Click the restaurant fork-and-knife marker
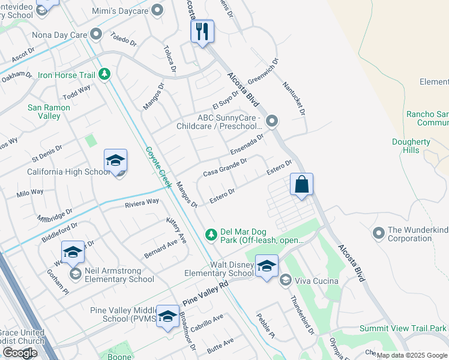click(x=202, y=31)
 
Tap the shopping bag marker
click(x=302, y=184)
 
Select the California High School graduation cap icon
click(x=115, y=160)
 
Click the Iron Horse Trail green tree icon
click(x=105, y=74)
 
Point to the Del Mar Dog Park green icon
click(x=211, y=233)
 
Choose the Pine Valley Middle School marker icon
click(x=167, y=316)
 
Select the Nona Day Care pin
click(x=95, y=34)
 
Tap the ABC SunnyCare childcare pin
click(x=272, y=122)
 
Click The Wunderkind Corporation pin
click(x=378, y=232)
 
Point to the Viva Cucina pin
click(x=286, y=280)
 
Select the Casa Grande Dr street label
click(x=224, y=168)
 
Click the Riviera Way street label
click(x=142, y=203)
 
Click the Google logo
click(x=19, y=353)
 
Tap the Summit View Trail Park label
click(x=403, y=328)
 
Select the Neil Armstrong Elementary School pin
click(x=76, y=274)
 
